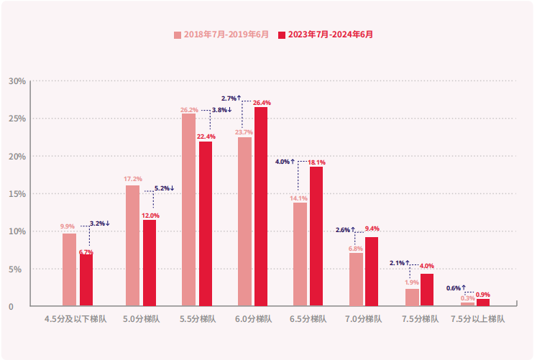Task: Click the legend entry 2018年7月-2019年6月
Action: pyautogui.click(x=221, y=34)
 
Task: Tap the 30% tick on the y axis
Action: pyautogui.click(x=17, y=81)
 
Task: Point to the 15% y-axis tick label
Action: pyautogui.click(x=17, y=194)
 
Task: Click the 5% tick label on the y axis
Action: pyautogui.click(x=19, y=269)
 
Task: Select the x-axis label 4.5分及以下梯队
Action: pyautogui.click(x=75, y=318)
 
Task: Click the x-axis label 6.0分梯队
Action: pyautogui.click(x=252, y=318)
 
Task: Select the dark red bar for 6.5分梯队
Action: pyautogui.click(x=316, y=236)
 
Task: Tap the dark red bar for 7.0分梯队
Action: pyautogui.click(x=372, y=272)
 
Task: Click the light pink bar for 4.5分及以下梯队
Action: pyautogui.click(x=69, y=270)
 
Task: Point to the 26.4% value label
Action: pyautogui.click(x=262, y=103)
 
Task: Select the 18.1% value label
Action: pyautogui.click(x=317, y=162)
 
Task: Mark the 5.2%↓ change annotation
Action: pyautogui.click(x=164, y=188)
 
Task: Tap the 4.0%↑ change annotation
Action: pyautogui.click(x=285, y=162)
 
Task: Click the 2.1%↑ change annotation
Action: pyautogui.click(x=399, y=263)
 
